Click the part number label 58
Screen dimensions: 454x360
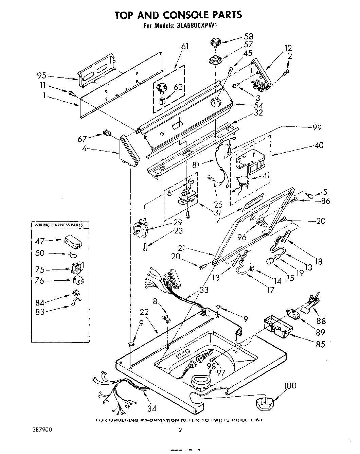pos(249,36)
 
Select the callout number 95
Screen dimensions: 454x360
pos(41,76)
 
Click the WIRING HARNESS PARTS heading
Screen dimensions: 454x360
pos(57,225)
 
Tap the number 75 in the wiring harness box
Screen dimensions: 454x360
pos(40,269)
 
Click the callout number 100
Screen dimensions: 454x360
pos(289,385)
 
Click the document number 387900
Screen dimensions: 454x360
pos(40,430)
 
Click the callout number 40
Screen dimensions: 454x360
pos(319,145)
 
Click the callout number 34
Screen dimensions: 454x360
pos(151,407)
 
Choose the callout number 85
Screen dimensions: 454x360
pos(320,344)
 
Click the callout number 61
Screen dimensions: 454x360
pos(185,47)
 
